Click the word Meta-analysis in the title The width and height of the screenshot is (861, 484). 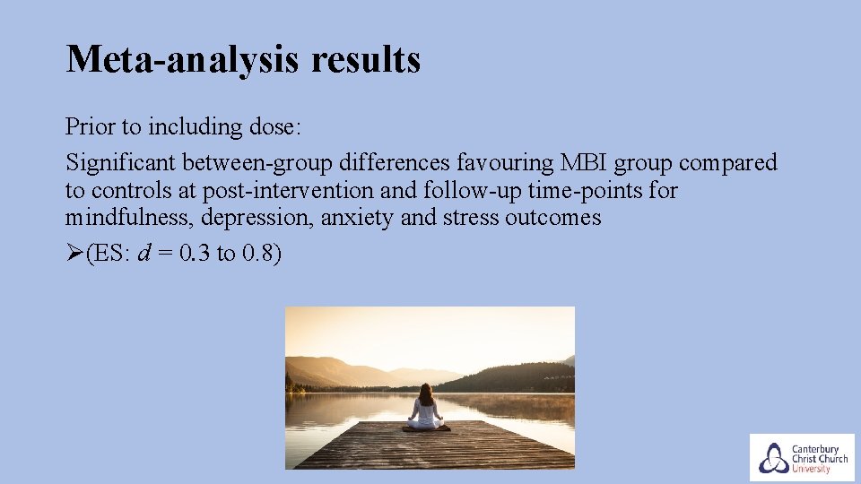coord(183,60)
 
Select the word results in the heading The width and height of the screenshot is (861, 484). coord(366,60)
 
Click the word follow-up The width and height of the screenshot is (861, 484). coord(451,191)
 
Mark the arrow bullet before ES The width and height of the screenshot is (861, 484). coord(74,254)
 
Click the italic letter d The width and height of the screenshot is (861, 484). coord(143,254)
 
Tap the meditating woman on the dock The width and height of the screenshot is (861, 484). coord(426,409)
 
